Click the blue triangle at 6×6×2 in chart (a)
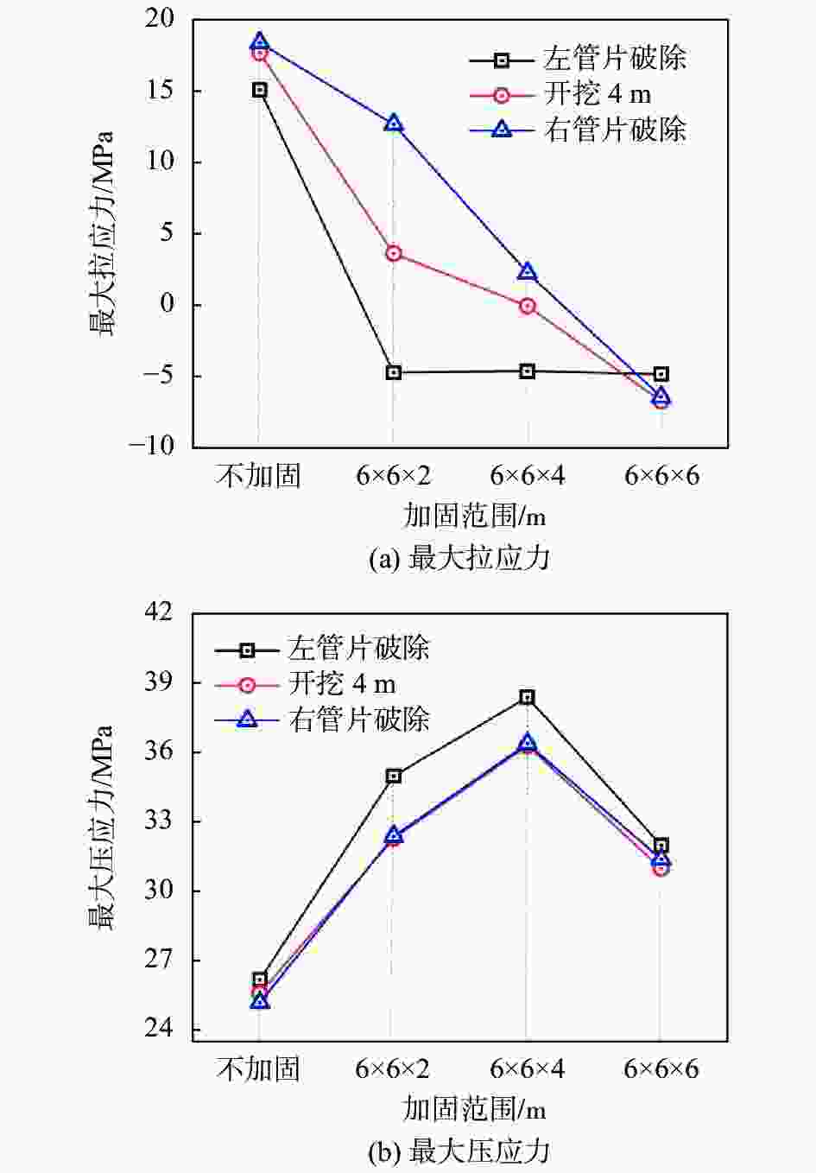coord(394,123)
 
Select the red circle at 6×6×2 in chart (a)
coord(394,253)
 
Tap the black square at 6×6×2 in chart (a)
coord(394,372)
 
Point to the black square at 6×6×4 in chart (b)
coord(527,697)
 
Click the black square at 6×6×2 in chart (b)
coord(394,776)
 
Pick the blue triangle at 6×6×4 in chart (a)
coord(527,272)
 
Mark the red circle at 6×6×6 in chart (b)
coord(660,867)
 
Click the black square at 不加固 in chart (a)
coord(260,90)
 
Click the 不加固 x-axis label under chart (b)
coord(258,1069)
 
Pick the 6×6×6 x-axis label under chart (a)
coord(661,475)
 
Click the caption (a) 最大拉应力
coord(459,558)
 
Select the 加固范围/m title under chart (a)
coord(474,516)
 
